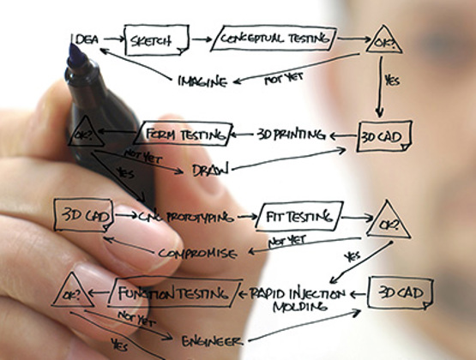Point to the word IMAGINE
pyautogui.click(x=202, y=81)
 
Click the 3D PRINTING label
pyautogui.click(x=291, y=135)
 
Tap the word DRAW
pyautogui.click(x=210, y=170)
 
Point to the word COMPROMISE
pyautogui.click(x=197, y=253)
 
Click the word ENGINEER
pyautogui.click(x=212, y=341)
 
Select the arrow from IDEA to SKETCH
pyautogui.click(x=114, y=39)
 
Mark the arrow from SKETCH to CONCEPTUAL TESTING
pyautogui.click(x=202, y=39)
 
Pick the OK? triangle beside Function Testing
pyautogui.click(x=72, y=291)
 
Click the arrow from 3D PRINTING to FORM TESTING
pyautogui.click(x=242, y=135)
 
